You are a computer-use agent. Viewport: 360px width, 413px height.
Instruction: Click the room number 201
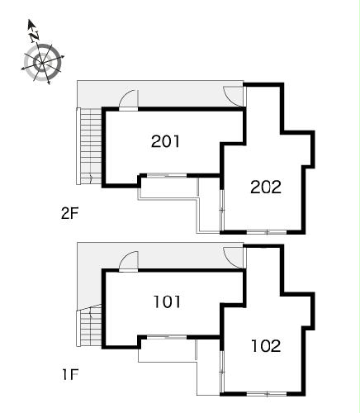pyautogui.click(x=165, y=141)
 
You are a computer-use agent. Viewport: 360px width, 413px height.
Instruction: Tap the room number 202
pyautogui.click(x=266, y=188)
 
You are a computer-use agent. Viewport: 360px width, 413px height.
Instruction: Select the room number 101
pyautogui.click(x=167, y=301)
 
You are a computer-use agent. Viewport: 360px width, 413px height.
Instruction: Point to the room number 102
pyautogui.click(x=266, y=346)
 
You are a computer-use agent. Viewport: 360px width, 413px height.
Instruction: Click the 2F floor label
pyautogui.click(x=70, y=213)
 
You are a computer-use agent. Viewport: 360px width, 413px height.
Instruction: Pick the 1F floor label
pyautogui.click(x=70, y=374)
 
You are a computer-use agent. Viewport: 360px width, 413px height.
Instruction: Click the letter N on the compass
pyautogui.click(x=35, y=36)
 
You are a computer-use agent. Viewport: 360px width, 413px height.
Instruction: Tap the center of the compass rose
pyautogui.click(x=42, y=64)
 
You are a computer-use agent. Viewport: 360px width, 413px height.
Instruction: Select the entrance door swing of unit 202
pyautogui.click(x=234, y=96)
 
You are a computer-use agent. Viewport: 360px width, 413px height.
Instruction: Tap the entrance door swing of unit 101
pyautogui.click(x=129, y=260)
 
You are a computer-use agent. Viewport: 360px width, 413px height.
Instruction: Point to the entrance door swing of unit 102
pyautogui.click(x=234, y=258)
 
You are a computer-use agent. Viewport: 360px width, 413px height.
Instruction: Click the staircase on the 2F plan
pyautogui.click(x=89, y=146)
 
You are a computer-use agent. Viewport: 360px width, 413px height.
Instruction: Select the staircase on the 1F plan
pyautogui.click(x=89, y=325)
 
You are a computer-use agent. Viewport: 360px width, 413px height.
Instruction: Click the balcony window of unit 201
pyautogui.click(x=167, y=175)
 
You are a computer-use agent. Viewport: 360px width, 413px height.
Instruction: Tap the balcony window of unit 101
pyautogui.click(x=167, y=337)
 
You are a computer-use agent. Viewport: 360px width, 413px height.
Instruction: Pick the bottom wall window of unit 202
pyautogui.click(x=267, y=233)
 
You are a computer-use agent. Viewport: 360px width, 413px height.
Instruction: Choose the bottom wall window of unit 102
pyautogui.click(x=267, y=394)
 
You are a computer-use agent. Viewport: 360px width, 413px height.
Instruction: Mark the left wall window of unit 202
pyautogui.click(x=222, y=210)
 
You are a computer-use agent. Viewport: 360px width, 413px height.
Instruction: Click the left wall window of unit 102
pyautogui.click(x=222, y=372)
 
